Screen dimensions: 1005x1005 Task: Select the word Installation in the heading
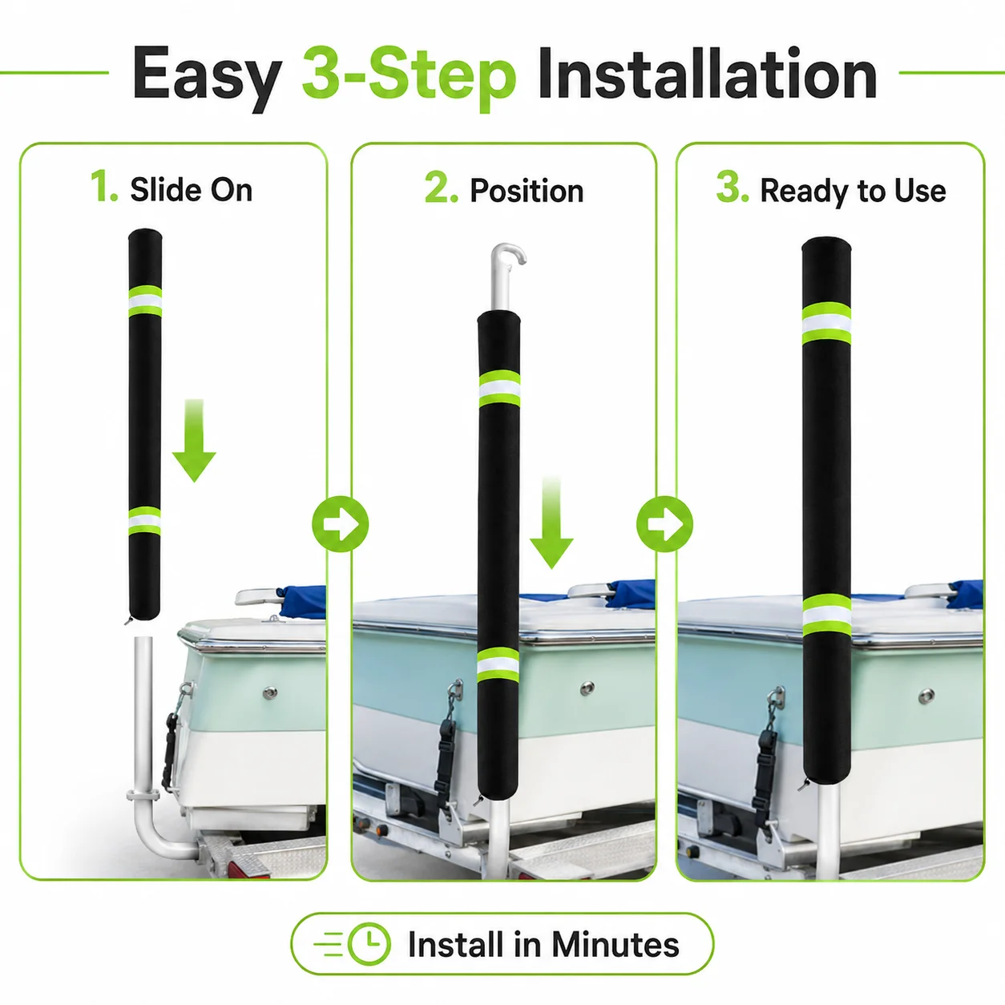(x=707, y=73)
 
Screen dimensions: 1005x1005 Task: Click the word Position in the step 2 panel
(x=527, y=191)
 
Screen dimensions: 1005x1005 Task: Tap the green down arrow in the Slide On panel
(x=194, y=441)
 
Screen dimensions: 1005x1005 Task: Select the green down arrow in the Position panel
(x=551, y=522)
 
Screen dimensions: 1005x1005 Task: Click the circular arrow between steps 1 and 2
(x=340, y=524)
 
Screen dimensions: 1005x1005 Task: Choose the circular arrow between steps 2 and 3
(x=664, y=524)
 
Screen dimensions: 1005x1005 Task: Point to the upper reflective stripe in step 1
(x=145, y=301)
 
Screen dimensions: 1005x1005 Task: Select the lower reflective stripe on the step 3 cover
(x=826, y=616)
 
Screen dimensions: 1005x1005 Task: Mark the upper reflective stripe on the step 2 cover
(x=498, y=389)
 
